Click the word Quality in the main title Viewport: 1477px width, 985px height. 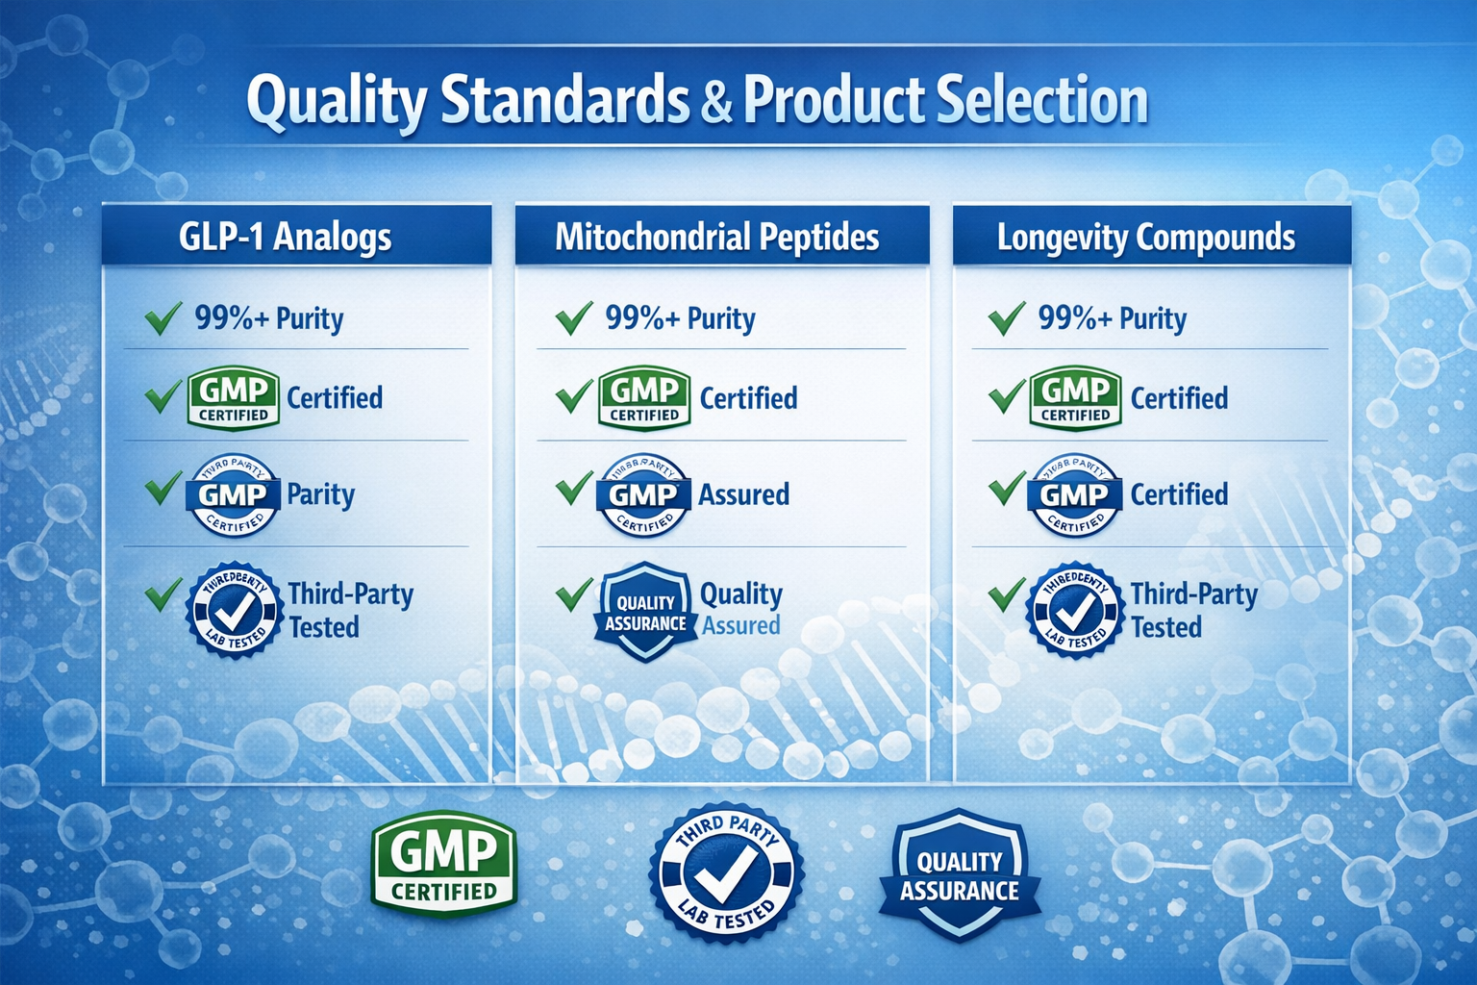[x=336, y=102]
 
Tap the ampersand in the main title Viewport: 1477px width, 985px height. [x=716, y=102]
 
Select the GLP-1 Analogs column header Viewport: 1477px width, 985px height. [x=286, y=237]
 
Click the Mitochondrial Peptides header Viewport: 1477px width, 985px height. [x=717, y=237]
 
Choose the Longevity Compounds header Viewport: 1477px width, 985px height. [x=1146, y=237]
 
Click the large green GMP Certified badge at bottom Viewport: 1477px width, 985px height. [x=444, y=863]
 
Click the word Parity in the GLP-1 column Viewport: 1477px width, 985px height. [x=321, y=495]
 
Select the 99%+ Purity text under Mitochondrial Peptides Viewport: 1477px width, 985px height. [x=680, y=318]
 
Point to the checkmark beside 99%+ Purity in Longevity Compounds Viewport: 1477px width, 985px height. [x=1006, y=318]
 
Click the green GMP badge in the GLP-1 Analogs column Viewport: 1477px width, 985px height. [x=234, y=398]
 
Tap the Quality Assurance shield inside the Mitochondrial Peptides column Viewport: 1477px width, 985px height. [x=645, y=612]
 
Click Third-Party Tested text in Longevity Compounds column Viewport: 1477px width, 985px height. [x=1193, y=610]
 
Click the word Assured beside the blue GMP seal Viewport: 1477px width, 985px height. [x=743, y=495]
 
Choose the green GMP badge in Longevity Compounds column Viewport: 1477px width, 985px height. [x=1075, y=398]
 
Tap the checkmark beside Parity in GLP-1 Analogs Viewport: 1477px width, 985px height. [x=163, y=488]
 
